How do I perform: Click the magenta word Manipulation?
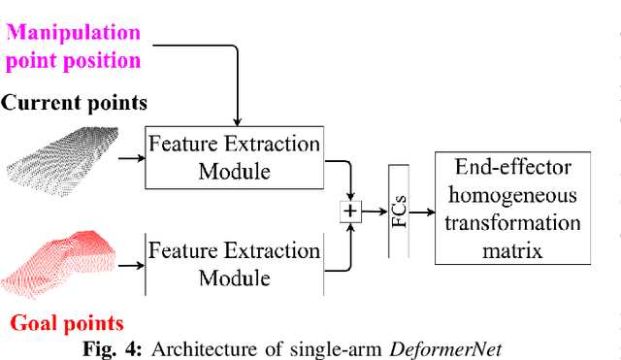tap(74, 32)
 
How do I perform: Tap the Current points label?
tap(74, 102)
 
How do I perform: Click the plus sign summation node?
tap(349, 211)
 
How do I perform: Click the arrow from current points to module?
tap(128, 157)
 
